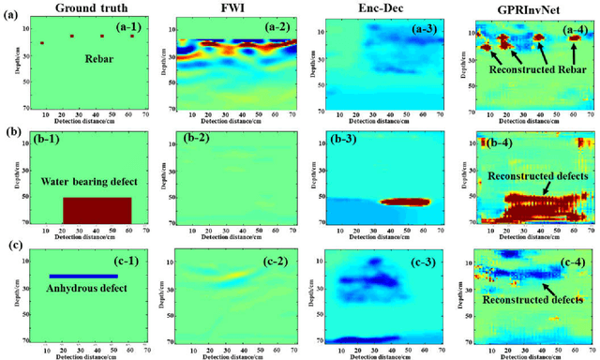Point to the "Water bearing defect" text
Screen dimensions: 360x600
(x=89, y=180)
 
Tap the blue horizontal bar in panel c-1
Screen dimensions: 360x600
(x=83, y=276)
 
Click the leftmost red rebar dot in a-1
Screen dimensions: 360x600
(x=41, y=44)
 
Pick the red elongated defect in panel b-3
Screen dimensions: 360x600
(x=413, y=201)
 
